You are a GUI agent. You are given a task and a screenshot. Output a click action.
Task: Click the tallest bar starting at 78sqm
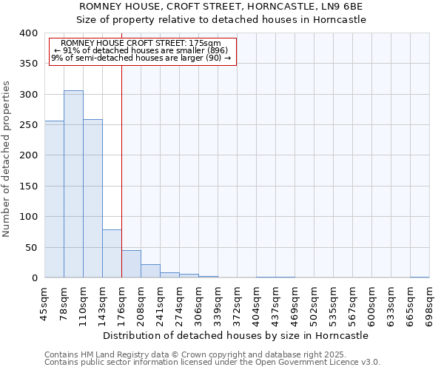coord(73,184)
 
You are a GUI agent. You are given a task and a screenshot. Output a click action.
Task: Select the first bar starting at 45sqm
coord(54,199)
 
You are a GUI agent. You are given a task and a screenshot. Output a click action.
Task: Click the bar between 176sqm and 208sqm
coord(131,264)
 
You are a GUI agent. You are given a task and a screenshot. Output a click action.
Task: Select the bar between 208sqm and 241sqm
coord(150,271)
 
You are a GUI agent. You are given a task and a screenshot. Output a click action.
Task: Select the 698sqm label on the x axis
coord(429,302)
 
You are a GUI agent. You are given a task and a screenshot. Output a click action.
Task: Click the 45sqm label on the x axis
coord(44,302)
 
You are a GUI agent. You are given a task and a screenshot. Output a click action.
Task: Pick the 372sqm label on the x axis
coord(237,302)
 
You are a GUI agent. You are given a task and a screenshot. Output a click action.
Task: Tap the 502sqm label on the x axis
coord(314,302)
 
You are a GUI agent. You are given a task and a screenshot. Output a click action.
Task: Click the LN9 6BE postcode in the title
coord(341,6)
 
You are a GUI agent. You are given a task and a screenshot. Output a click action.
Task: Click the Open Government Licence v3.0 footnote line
coord(212,363)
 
